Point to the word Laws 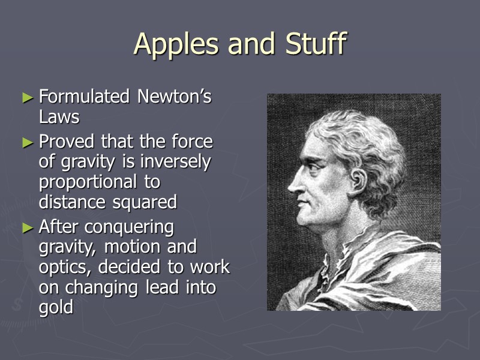pyautogui.click(x=59, y=116)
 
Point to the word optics pyautogui.click(x=66, y=268)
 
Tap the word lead pyautogui.click(x=161, y=287)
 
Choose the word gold pyautogui.click(x=56, y=308)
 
